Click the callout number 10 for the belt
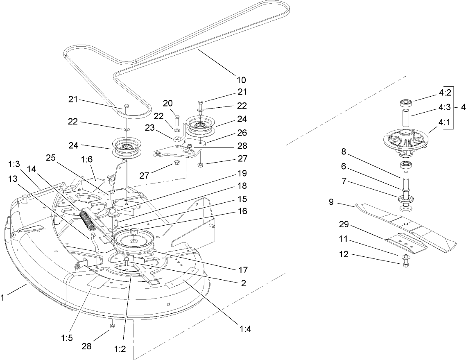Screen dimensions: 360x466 tap(241, 79)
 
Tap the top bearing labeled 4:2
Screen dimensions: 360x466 tap(405, 102)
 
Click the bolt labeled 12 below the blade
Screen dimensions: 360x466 tap(405, 264)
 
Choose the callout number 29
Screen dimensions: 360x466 tap(344, 225)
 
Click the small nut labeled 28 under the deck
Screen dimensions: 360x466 tap(112, 326)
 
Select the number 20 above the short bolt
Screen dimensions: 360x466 tap(167, 103)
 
